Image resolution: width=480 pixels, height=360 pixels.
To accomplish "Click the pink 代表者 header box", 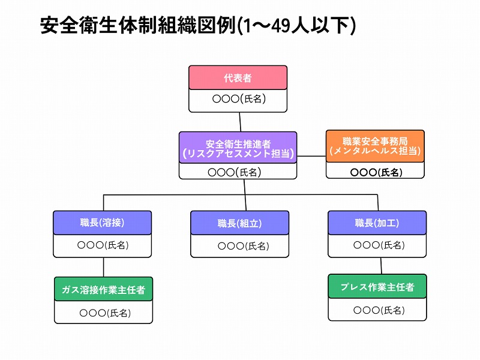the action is point(238,77).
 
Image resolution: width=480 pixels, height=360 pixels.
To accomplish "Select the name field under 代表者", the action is point(238,101).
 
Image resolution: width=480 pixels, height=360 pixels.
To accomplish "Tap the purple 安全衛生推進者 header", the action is point(238,148).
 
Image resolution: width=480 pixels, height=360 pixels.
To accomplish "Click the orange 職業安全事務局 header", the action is point(375,146).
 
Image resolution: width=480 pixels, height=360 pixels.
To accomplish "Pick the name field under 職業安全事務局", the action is point(375,170).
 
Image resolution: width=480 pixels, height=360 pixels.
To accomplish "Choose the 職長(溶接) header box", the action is point(102,223).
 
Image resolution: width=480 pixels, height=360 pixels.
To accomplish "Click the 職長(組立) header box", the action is point(239,223).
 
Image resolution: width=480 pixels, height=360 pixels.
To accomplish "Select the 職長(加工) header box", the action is point(377,223).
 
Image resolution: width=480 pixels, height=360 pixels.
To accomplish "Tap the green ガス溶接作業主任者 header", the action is point(103,289).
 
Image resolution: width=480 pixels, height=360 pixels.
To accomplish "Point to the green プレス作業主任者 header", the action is point(377,286).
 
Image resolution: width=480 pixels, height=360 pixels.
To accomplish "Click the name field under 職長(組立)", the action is point(239,246).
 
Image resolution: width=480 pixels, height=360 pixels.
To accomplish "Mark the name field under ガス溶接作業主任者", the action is point(103,312).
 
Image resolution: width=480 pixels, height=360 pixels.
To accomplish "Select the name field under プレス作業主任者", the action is point(377,309).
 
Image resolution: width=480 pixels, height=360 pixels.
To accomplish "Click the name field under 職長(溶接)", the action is point(102,246).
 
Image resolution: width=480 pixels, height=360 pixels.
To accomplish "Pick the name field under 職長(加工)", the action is point(377,246).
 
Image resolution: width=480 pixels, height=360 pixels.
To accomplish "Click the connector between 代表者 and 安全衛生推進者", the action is point(240,122).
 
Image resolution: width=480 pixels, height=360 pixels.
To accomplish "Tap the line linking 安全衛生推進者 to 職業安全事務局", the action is point(311,156).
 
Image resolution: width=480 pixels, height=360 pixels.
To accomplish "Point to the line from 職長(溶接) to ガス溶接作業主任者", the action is point(103,267).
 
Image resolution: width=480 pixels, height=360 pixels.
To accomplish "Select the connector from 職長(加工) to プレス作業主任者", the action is point(381,266).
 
